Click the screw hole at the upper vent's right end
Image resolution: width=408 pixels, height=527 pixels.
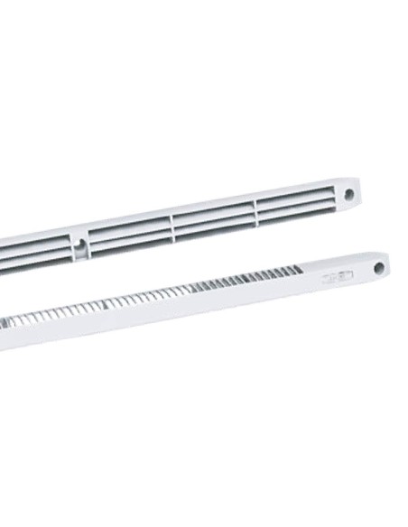coord(348,192)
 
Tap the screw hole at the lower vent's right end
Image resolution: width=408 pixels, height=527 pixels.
coord(380,267)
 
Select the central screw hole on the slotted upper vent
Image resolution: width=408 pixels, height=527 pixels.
coord(81,244)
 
